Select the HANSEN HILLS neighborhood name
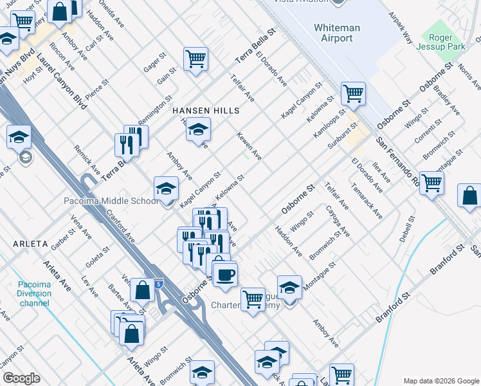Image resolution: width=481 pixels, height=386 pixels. tap(206, 111)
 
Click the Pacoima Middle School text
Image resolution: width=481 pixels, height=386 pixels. tap(111, 201)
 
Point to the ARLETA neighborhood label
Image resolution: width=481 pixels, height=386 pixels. tap(29, 244)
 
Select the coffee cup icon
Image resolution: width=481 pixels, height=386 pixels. tap(224, 275)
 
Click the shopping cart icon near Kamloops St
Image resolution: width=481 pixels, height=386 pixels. tap(353, 94)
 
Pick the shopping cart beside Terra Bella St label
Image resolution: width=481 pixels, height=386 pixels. tap(195, 59)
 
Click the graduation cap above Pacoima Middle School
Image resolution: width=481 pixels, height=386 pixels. tap(166, 188)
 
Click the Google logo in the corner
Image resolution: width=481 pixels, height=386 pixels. tap(21, 378)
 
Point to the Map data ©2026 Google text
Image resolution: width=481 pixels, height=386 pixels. tap(440, 380)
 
